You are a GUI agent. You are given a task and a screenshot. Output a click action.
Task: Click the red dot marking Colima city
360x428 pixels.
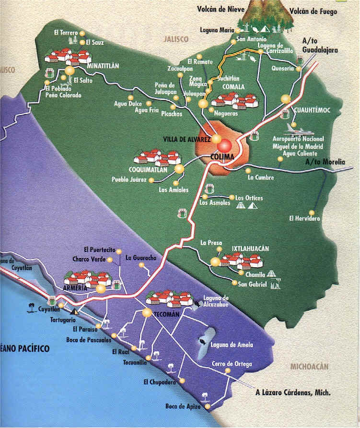[226, 145]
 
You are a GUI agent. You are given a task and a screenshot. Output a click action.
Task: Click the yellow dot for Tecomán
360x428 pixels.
[147, 313]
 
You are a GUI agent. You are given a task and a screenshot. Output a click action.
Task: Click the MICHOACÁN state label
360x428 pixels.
[309, 367]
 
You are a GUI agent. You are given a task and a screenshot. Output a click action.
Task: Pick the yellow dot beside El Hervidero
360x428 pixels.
[312, 212]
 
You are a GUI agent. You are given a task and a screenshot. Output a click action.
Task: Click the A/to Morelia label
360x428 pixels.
[325, 162]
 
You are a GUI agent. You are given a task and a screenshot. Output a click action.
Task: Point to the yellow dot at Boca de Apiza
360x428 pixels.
[208, 407]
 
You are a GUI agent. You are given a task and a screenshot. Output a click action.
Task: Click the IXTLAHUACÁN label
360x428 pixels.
[250, 249]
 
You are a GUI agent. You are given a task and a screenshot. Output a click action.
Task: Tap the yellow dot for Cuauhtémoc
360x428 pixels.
[286, 99]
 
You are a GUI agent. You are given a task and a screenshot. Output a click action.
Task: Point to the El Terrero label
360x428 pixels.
[66, 33]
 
